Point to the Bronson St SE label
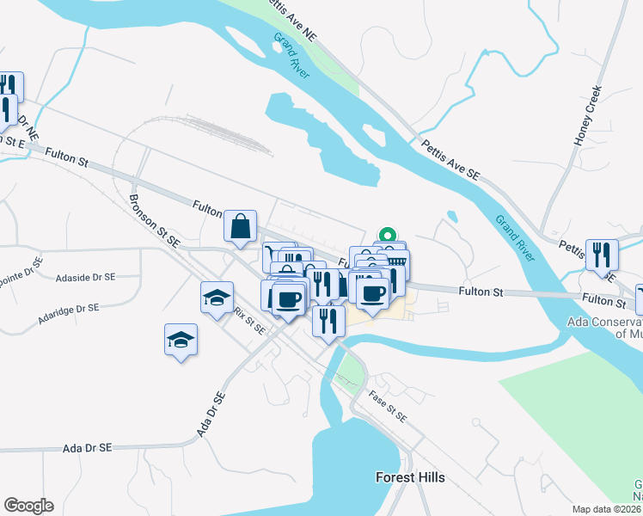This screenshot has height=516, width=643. coord(153,219)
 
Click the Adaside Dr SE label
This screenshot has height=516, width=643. coord(84,278)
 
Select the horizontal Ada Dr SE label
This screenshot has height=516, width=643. coord(88,448)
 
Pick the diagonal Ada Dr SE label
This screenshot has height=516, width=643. coord(211,414)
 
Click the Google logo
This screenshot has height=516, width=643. coord(28,506)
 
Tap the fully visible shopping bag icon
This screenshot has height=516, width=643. coord(241,226)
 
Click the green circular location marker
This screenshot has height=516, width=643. coord(388,233)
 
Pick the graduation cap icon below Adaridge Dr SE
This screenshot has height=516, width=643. coord(181,340)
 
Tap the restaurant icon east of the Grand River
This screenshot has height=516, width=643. coord(602,254)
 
